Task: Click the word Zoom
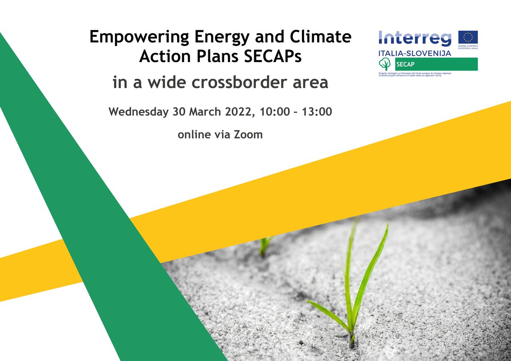click(x=248, y=135)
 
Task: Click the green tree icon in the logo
click(x=385, y=64)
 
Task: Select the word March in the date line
click(x=200, y=112)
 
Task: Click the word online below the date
click(x=194, y=135)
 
